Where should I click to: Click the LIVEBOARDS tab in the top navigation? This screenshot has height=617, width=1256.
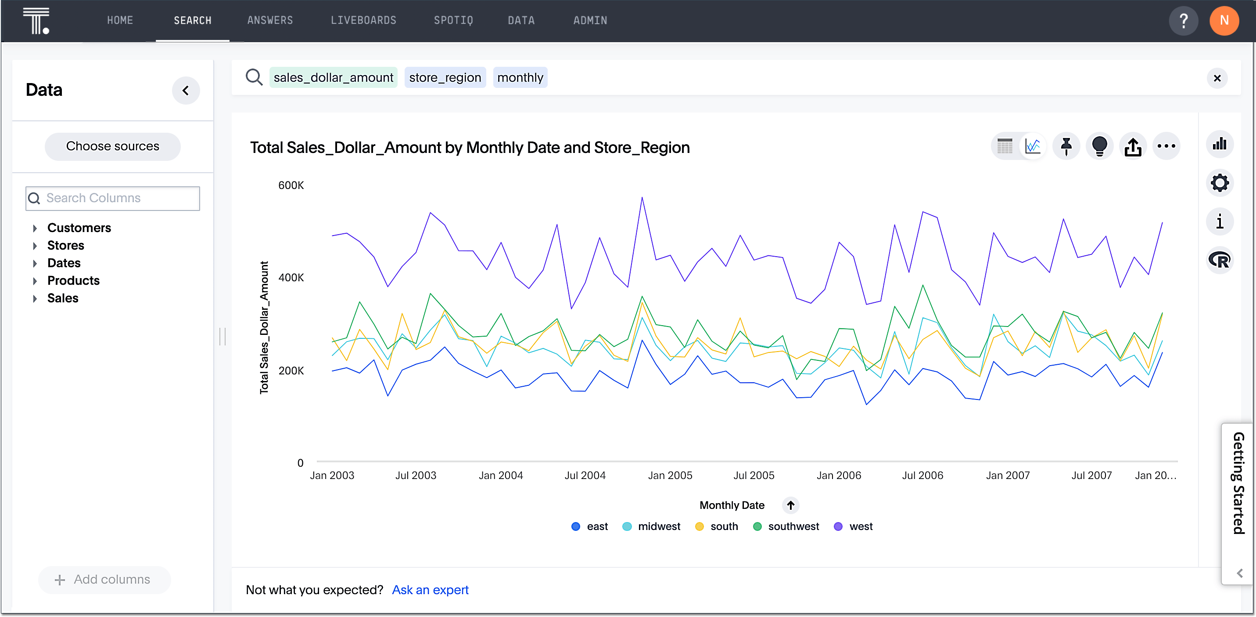pyautogui.click(x=363, y=21)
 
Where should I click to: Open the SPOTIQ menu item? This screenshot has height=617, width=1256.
pyautogui.click(x=453, y=21)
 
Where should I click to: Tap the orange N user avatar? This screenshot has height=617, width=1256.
pyautogui.click(x=1224, y=21)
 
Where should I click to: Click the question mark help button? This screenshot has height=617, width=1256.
pyautogui.click(x=1183, y=21)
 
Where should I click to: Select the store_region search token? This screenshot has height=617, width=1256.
pyautogui.click(x=445, y=78)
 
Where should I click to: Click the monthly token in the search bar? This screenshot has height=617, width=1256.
pyautogui.click(x=520, y=78)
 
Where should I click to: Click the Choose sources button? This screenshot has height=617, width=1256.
pyautogui.click(x=113, y=146)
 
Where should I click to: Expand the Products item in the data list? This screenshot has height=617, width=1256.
pyautogui.click(x=73, y=281)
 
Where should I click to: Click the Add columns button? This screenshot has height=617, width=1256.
pyautogui.click(x=104, y=579)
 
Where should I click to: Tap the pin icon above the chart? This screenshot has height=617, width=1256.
pyautogui.click(x=1066, y=146)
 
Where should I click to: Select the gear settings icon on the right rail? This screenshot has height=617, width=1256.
pyautogui.click(x=1220, y=183)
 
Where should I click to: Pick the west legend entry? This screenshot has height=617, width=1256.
pyautogui.click(x=853, y=526)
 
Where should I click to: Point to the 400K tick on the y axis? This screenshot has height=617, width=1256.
pyautogui.click(x=291, y=278)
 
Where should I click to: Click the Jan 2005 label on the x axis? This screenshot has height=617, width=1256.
pyautogui.click(x=670, y=475)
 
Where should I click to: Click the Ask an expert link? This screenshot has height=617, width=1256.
pyautogui.click(x=430, y=590)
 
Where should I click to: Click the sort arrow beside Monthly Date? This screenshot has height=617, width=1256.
pyautogui.click(x=790, y=505)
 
